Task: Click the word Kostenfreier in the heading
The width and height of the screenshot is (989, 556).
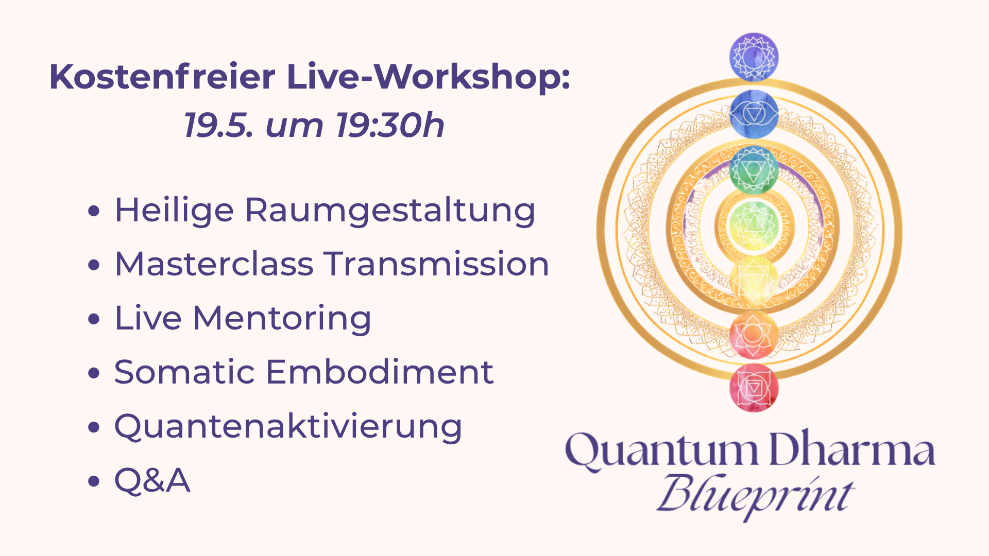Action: [162, 77]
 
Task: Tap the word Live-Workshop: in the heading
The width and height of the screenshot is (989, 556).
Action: [428, 77]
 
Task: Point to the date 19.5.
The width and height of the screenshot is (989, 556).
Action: [218, 125]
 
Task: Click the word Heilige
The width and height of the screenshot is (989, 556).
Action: [174, 211]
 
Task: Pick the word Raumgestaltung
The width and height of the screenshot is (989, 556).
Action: [390, 211]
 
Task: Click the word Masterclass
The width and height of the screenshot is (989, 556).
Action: [214, 264]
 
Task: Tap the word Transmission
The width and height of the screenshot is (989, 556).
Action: [436, 264]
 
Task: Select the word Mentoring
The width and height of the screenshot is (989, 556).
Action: [282, 319]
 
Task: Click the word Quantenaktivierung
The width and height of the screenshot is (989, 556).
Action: [288, 427]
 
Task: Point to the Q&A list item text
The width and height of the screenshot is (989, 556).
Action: [152, 480]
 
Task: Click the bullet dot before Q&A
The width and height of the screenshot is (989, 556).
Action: [94, 481]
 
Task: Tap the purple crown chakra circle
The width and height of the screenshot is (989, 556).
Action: [754, 57]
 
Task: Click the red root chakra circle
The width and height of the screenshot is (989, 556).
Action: [754, 388]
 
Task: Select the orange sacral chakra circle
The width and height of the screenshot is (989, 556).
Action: [754, 334]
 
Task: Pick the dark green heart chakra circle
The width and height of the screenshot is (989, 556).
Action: [754, 169]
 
